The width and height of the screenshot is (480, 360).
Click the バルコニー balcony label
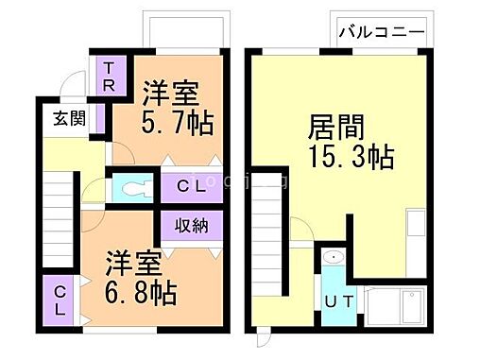click(x=378, y=30)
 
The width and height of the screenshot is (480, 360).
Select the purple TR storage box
click(x=110, y=76)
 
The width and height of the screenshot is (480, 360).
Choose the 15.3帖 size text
click(x=351, y=157)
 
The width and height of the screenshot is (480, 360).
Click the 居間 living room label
click(x=336, y=128)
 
